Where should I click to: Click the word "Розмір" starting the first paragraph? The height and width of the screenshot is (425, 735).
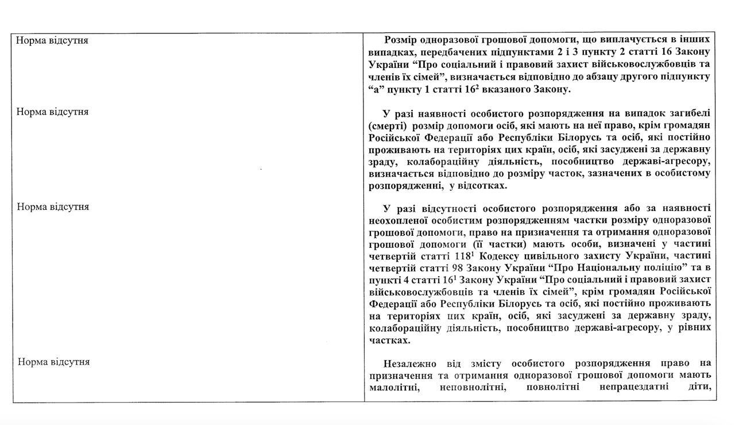pos(401,40)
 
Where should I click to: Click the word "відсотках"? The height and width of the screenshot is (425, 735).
pos(482,186)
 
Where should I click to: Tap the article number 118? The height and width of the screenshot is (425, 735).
pos(462,256)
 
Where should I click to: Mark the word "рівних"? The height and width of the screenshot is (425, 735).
pos(696,327)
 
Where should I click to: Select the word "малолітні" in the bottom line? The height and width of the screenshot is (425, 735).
pos(394,386)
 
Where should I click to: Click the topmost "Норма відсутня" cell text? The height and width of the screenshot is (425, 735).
pos(52,41)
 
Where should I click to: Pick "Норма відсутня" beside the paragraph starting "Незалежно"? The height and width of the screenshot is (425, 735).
pos(53,362)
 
